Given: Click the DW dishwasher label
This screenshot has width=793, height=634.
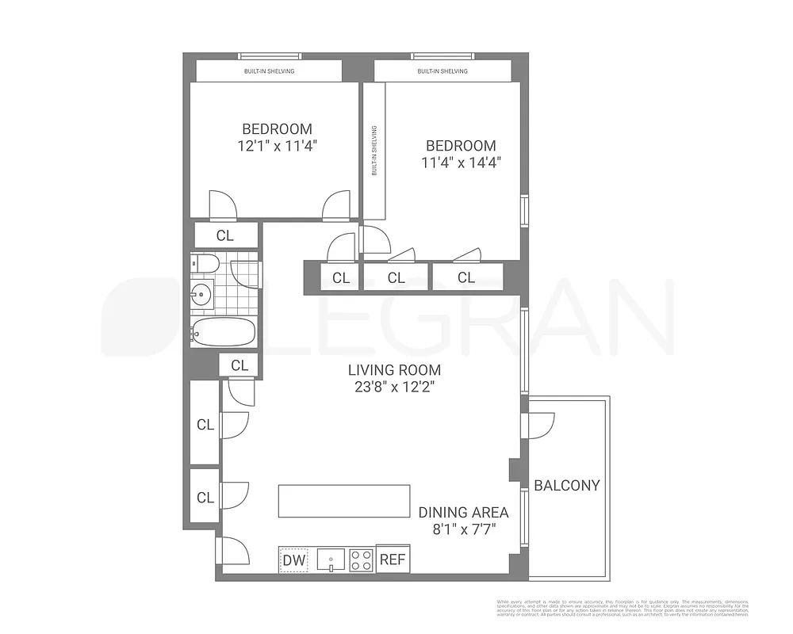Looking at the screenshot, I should (295, 560).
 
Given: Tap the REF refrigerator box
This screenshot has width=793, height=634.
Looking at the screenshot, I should (393, 560).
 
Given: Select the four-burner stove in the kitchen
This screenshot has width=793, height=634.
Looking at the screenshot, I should (362, 560).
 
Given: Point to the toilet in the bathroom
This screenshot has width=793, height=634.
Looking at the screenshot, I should (204, 264).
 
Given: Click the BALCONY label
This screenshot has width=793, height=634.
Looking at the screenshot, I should (566, 485).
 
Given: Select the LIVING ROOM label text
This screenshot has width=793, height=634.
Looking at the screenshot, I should (394, 370).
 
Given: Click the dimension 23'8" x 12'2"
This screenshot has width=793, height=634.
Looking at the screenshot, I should (394, 388).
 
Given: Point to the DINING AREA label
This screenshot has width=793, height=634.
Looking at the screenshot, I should (463, 513).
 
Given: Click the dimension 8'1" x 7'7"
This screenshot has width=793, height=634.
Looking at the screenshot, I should (463, 530).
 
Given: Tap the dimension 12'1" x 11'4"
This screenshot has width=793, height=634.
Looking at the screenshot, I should (277, 146).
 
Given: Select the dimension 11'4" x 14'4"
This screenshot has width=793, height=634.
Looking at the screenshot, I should (461, 163).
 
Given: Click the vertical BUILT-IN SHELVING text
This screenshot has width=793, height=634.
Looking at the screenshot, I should (374, 151).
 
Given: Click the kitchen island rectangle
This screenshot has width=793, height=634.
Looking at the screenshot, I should (344, 502).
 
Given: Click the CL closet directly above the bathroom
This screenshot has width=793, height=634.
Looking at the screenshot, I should (225, 235).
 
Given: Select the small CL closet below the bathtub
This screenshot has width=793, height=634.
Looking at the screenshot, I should (239, 365).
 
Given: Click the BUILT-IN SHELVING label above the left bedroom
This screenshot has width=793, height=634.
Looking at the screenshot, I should (269, 71).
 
